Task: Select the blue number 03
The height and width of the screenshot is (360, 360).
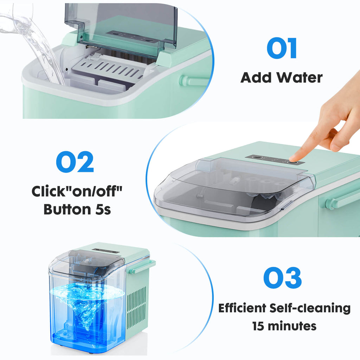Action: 282,278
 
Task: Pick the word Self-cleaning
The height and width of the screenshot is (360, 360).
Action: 310,308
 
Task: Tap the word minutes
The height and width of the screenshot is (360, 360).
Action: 292,326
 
